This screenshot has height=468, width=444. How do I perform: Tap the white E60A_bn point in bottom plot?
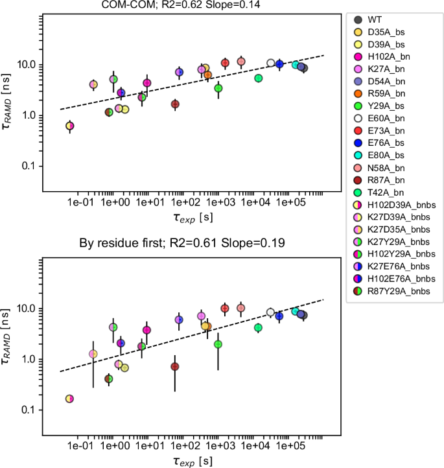(x=271, y=312)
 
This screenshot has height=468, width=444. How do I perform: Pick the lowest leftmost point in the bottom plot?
(x=69, y=399)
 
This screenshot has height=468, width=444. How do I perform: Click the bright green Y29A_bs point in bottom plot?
(x=218, y=344)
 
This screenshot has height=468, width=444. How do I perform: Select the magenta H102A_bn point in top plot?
(x=147, y=83)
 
